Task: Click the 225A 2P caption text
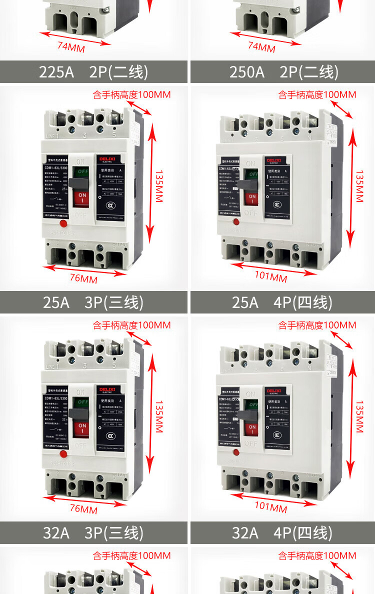pos(93,72)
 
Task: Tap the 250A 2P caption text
pos(283,72)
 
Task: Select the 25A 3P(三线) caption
pos(93,302)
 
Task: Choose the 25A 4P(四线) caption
pos(282,302)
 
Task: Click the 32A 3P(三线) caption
pos(93,533)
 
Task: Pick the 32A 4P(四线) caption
pos(282,533)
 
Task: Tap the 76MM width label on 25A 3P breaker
pos(83,278)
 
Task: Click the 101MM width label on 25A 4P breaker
pos(271,276)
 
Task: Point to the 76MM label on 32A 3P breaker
pos(83,509)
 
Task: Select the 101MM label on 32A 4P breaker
pos(271,506)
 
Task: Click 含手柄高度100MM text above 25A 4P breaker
pos(317,94)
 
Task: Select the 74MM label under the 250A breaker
pos(261,47)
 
